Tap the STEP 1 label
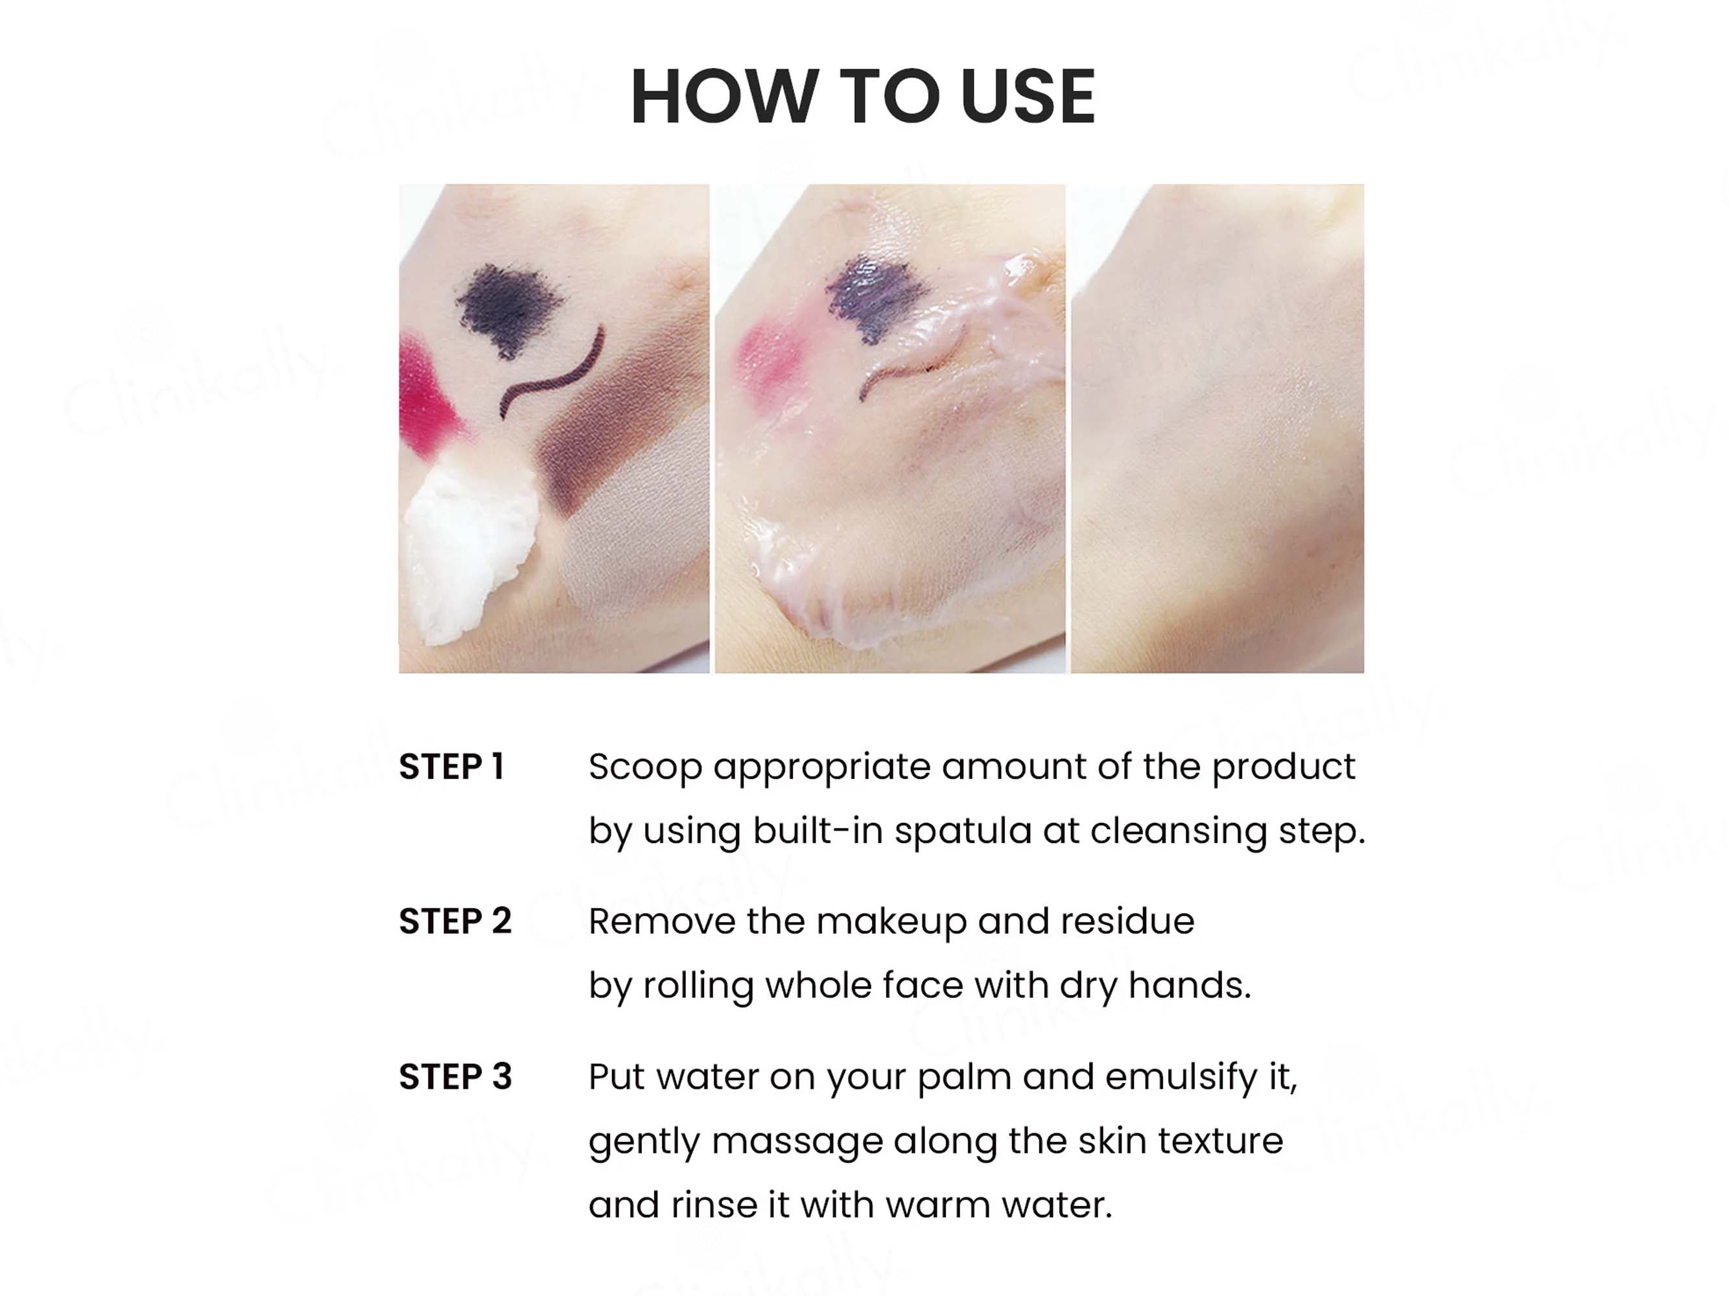pos(452,767)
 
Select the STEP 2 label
pos(455,921)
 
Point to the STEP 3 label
pos(455,1076)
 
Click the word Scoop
pos(646,768)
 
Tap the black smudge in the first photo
pos(509,309)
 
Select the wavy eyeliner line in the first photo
pos(552,375)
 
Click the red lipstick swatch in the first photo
pos(426,395)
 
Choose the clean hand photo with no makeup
pos(1217,428)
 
